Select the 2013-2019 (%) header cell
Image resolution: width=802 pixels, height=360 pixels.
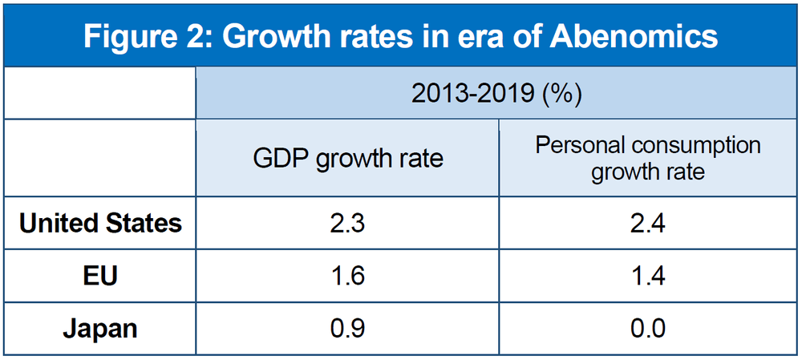[x=496, y=94]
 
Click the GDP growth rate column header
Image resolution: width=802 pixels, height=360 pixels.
[x=347, y=158]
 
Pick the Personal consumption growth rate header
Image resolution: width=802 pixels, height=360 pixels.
[x=648, y=158]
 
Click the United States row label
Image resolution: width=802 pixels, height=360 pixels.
[x=100, y=223]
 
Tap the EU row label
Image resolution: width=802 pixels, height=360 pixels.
[x=100, y=277]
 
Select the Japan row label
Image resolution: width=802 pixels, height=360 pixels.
[x=100, y=328]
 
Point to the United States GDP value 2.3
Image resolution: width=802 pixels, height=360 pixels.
[x=347, y=223]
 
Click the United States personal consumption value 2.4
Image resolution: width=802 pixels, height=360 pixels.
[x=648, y=223]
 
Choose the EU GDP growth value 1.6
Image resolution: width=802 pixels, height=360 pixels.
[x=347, y=277]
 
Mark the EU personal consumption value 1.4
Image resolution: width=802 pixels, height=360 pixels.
[x=648, y=277]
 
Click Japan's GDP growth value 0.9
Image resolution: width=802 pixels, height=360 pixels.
[x=347, y=328]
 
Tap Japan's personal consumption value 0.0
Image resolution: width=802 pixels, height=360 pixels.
[x=648, y=328]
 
